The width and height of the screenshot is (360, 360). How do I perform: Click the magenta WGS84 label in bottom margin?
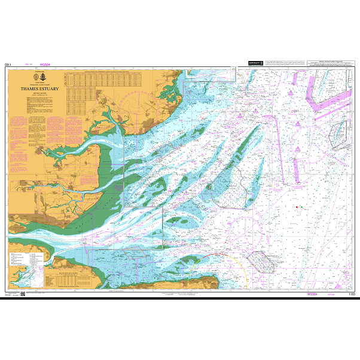pos(311,294)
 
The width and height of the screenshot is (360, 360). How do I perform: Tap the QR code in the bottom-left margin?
pos(23,294)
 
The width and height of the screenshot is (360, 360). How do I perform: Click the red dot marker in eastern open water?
pos(296,207)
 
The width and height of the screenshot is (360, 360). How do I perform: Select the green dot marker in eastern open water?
pos(301,207)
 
